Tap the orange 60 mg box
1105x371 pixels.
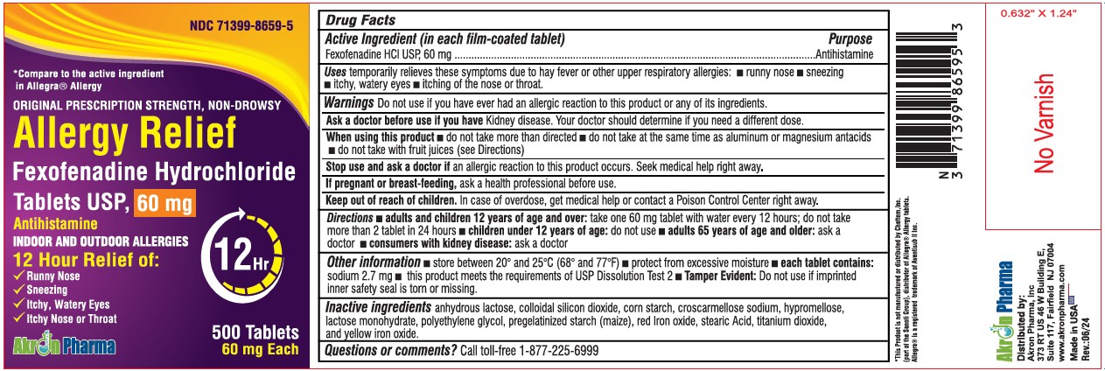pyautogui.click(x=164, y=204)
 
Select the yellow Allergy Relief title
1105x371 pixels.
pyautogui.click(x=125, y=134)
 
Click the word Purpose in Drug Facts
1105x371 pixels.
pyautogui.click(x=850, y=39)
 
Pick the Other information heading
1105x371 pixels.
pyautogui.click(x=372, y=262)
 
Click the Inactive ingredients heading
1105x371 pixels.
pyautogui.click(x=377, y=307)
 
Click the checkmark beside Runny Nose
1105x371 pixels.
pyautogui.click(x=19, y=276)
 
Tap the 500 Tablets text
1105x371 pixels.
pyautogui.click(x=255, y=333)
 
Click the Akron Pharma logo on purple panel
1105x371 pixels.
pyautogui.click(x=64, y=346)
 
